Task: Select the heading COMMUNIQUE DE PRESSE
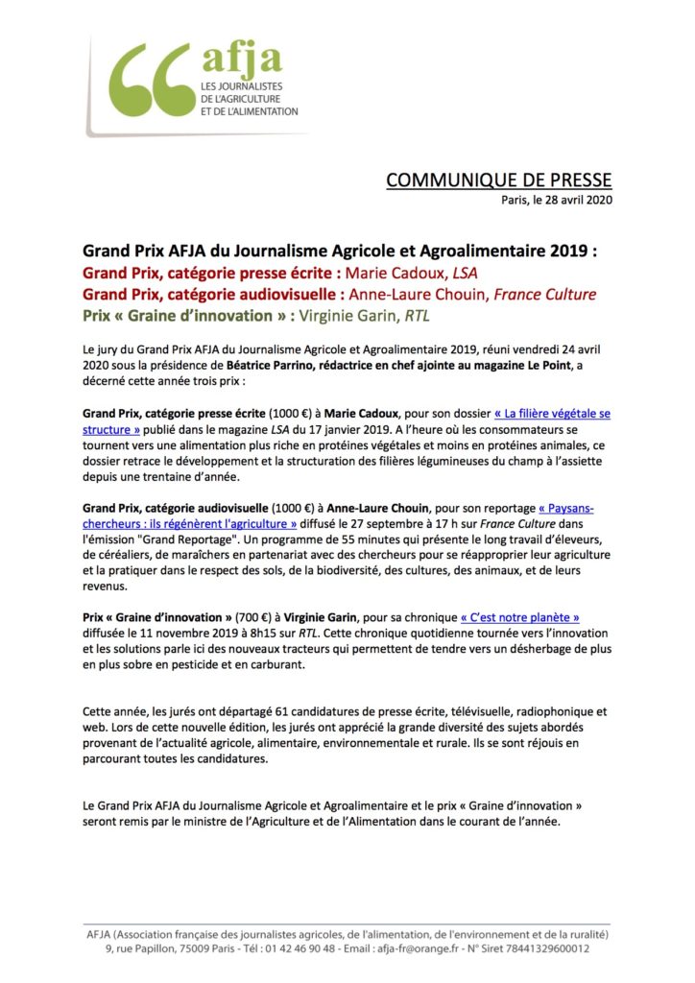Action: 498,180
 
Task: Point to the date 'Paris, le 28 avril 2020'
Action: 557,200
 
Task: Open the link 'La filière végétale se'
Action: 552,415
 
